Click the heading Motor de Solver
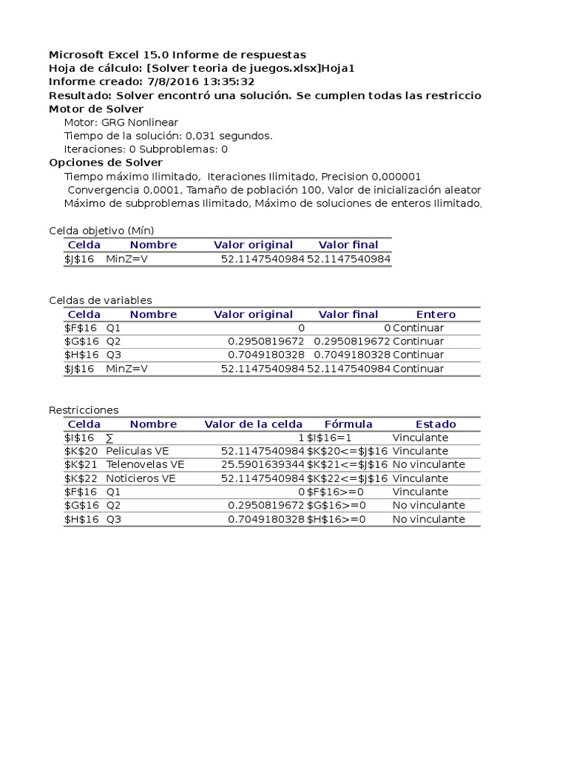[x=96, y=109]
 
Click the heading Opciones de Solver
[x=106, y=163]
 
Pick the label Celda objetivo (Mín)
[x=101, y=231]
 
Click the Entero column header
[x=436, y=314]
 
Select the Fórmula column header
[x=348, y=424]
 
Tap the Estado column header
[x=436, y=424]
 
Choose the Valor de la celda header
[x=253, y=424]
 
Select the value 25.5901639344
[x=263, y=465]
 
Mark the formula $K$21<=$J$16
[x=347, y=465]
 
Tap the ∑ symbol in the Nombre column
[x=109, y=438]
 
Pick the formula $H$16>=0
[x=337, y=519]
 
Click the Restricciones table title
[x=83, y=410]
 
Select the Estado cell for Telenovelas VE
[x=428, y=465]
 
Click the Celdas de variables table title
[x=100, y=300]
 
